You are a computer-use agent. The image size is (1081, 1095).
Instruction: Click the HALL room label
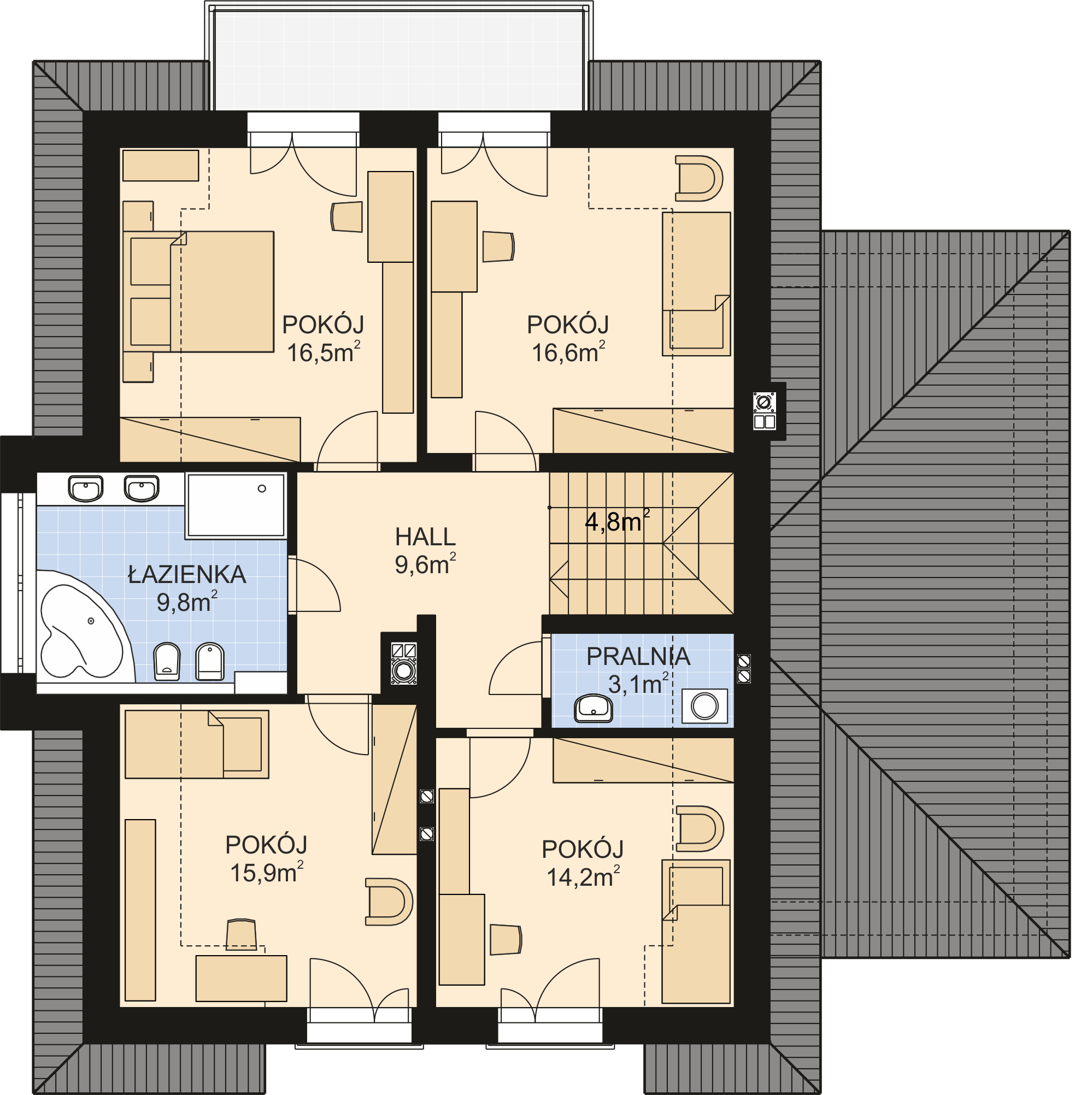(425, 536)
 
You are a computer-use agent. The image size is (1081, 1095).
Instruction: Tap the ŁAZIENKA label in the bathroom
(187, 574)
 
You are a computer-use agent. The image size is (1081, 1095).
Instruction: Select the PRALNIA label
(638, 656)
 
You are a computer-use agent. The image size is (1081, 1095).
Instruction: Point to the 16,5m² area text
(324, 352)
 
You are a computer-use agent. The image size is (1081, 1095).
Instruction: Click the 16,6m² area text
(568, 352)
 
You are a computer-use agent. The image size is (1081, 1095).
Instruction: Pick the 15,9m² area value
(266, 872)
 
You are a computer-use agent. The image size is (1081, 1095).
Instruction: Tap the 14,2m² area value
(583, 877)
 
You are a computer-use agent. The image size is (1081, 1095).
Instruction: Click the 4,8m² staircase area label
(618, 521)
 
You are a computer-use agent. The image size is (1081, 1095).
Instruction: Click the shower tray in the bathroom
(235, 505)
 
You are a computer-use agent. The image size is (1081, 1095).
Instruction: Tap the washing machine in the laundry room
(704, 706)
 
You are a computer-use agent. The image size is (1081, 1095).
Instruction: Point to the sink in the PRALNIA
(594, 709)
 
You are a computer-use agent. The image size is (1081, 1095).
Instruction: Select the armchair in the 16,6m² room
(699, 179)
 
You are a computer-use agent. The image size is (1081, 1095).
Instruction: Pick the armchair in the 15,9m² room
(389, 901)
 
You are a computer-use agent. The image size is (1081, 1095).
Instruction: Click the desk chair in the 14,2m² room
(506, 939)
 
